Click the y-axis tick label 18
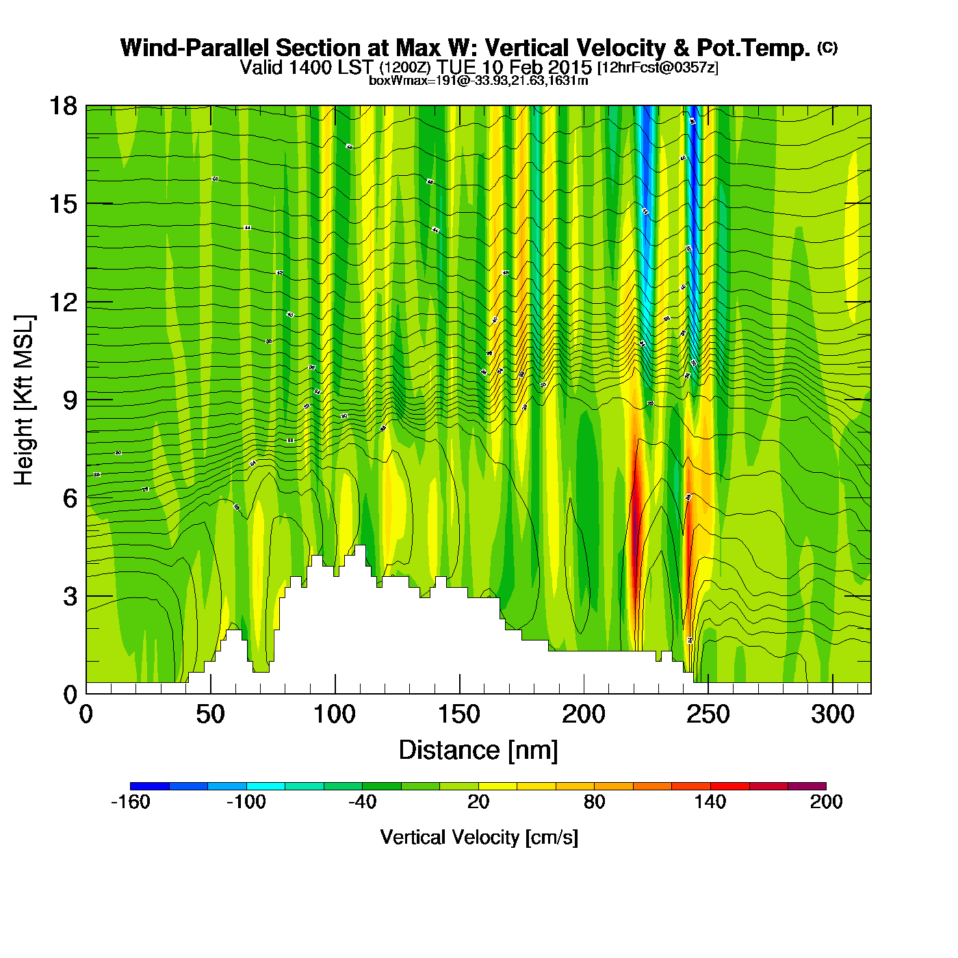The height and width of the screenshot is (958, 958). point(62,106)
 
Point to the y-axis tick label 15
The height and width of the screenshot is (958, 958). point(62,204)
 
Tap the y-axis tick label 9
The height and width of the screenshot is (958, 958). point(70,400)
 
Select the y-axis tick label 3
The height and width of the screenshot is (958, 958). point(70,596)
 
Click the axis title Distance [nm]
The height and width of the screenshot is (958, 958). point(478,751)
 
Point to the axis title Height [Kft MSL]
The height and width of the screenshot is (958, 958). point(24,400)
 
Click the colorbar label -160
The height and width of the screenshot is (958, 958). point(130,802)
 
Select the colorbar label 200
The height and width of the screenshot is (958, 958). point(826,802)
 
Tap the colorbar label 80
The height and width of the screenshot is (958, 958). point(594,802)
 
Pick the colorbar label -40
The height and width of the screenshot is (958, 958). point(362,802)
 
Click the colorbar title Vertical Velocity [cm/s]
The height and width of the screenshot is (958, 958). point(479,838)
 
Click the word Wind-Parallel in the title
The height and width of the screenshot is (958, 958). point(196,48)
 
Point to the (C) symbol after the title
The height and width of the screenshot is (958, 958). point(827,47)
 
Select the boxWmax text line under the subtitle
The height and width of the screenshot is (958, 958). point(478,80)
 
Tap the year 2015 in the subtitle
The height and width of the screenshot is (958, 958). point(569,68)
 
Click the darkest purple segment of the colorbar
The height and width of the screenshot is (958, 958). point(807,786)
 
